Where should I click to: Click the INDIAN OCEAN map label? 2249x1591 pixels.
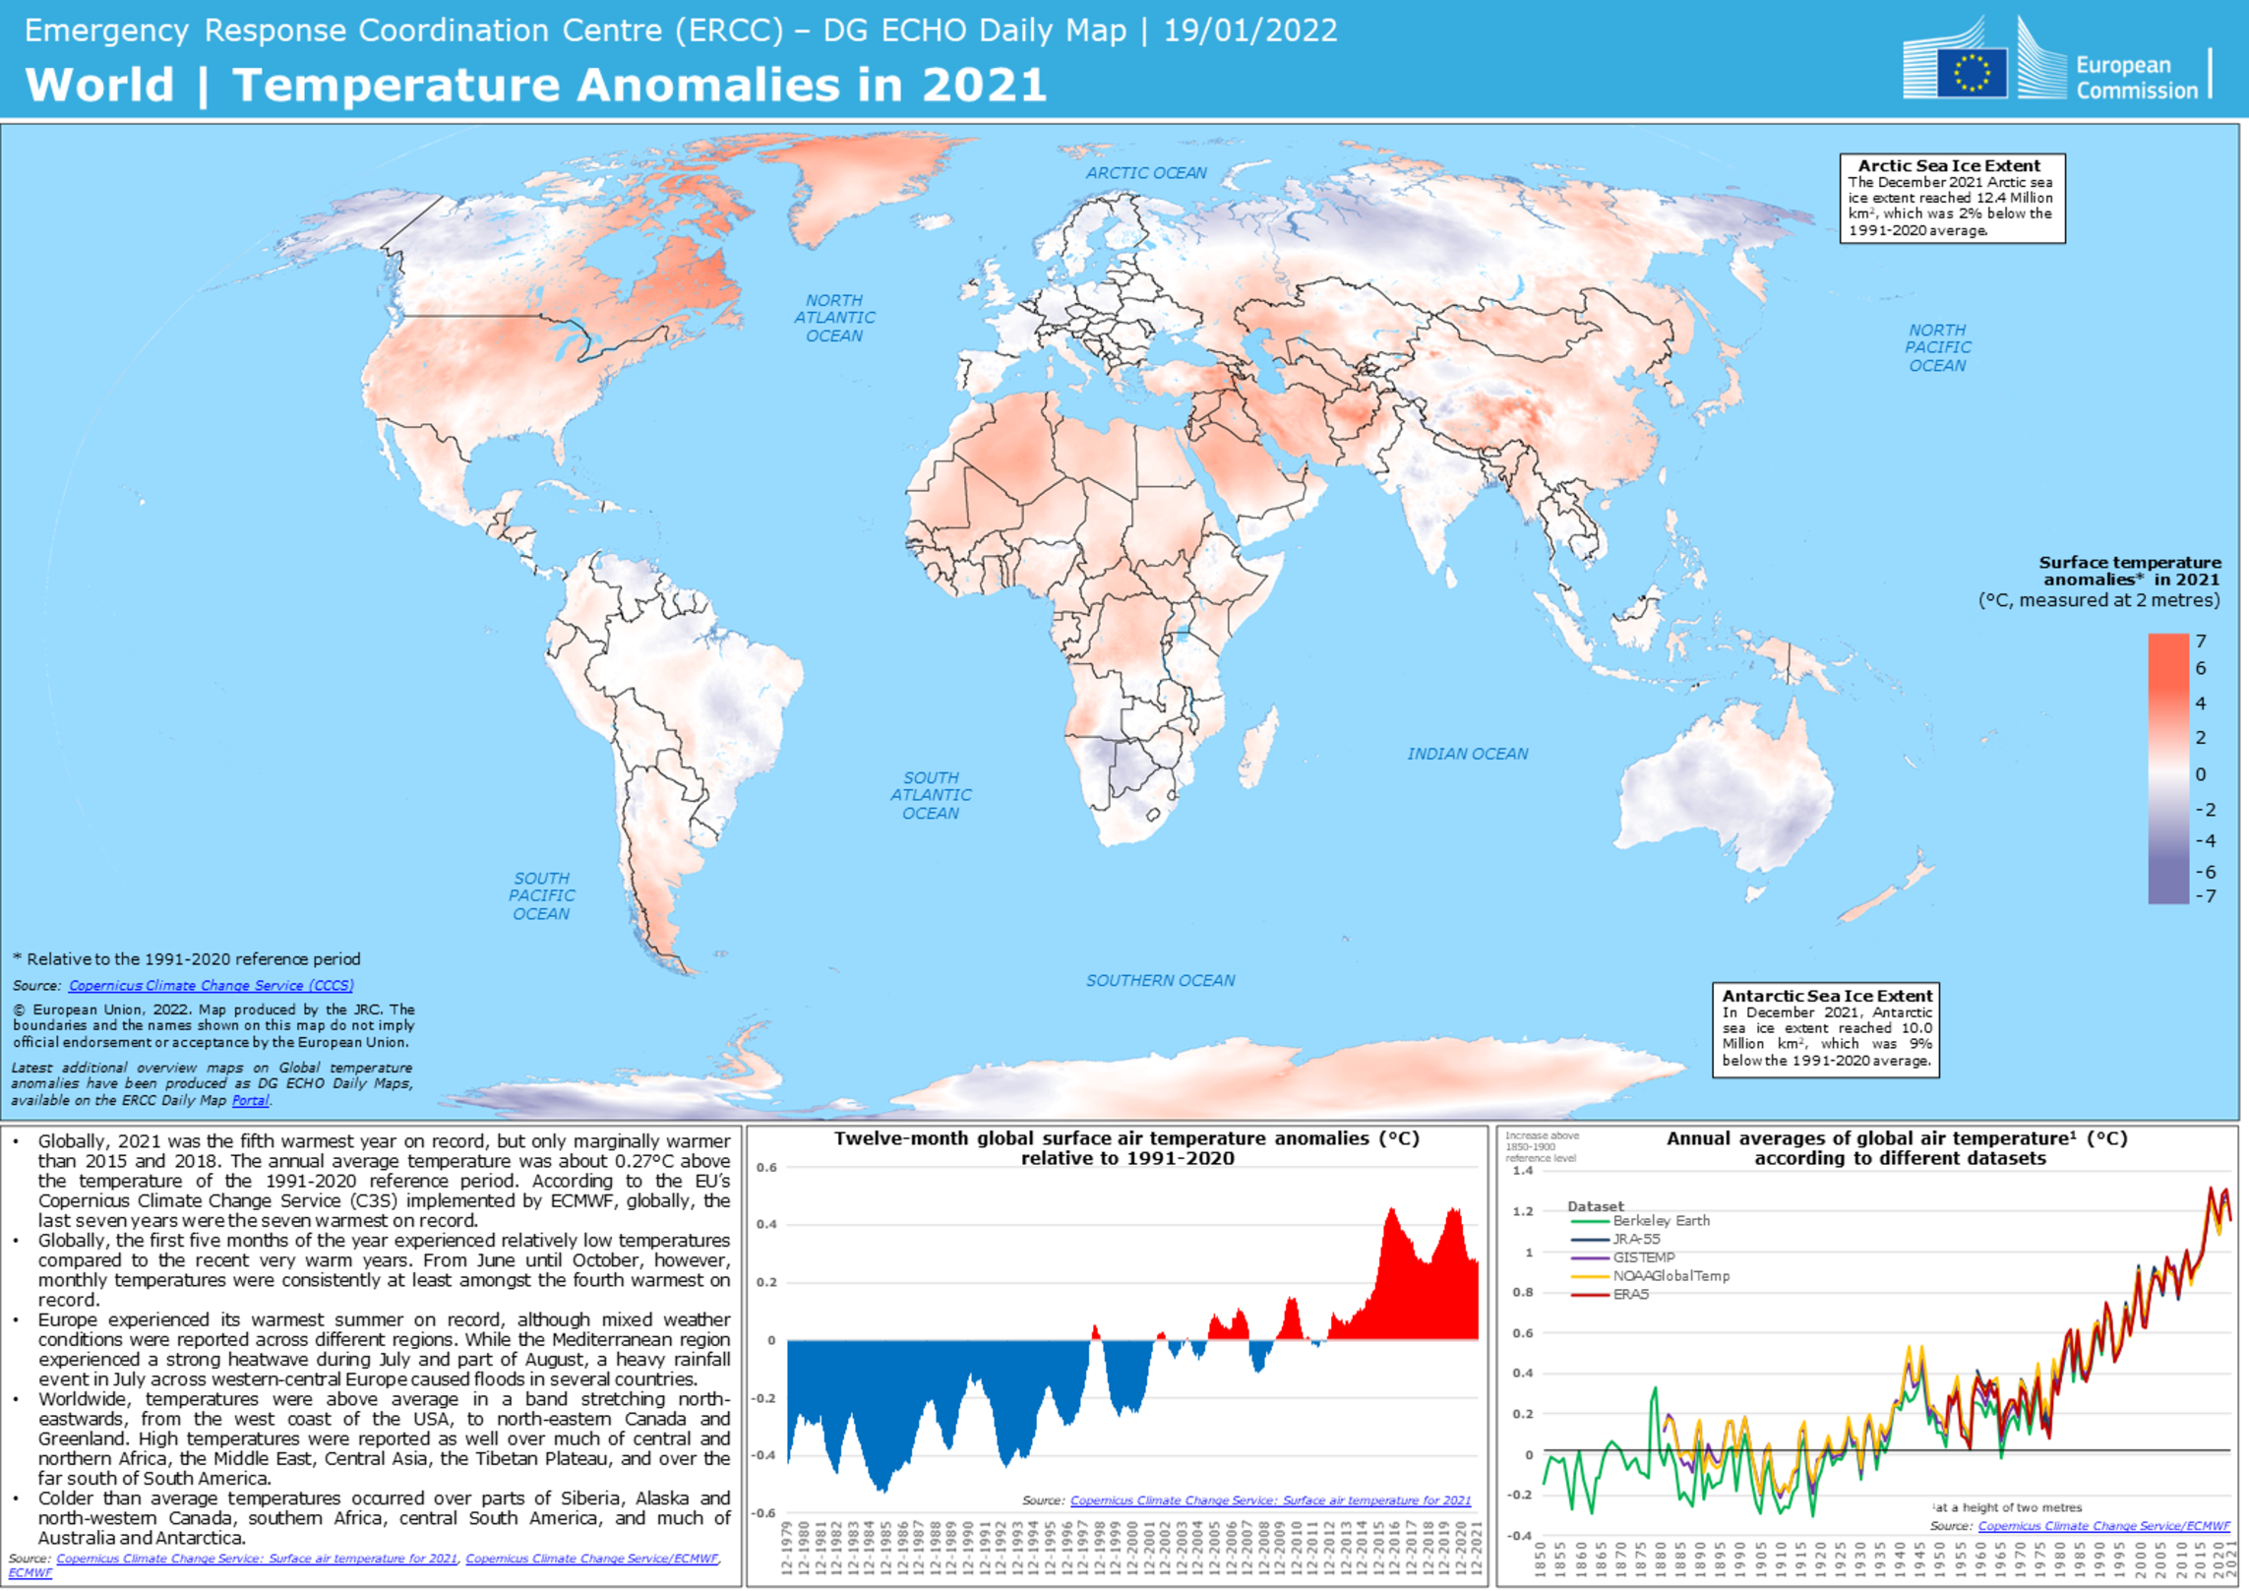[1466, 754]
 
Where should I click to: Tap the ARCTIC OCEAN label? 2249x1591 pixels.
[1145, 173]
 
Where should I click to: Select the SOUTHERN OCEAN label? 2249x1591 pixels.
[1160, 980]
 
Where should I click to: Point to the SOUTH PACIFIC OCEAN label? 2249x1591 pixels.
[540, 895]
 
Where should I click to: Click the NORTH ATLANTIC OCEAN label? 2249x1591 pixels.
[834, 318]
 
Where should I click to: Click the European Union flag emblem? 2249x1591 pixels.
[1971, 73]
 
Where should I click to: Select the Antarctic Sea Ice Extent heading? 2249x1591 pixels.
[1826, 996]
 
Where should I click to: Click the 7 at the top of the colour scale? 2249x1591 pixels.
[2201, 642]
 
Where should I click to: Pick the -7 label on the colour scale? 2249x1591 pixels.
[2205, 895]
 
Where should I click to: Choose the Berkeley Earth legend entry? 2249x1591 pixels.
[1661, 1221]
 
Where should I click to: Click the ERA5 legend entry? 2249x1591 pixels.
[1630, 1294]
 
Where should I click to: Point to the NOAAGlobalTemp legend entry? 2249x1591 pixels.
[1671, 1276]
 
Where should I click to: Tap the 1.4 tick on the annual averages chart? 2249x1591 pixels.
[1522, 1171]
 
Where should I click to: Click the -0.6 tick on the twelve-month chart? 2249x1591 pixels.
[765, 1512]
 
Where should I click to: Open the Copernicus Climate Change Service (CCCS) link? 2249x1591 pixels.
[211, 985]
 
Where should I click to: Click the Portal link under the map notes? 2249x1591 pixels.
[250, 1100]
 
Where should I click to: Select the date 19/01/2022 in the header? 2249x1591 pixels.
[1249, 31]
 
